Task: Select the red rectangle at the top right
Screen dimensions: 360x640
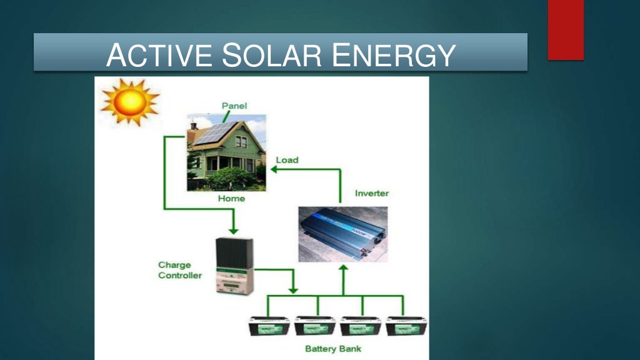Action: click(566, 29)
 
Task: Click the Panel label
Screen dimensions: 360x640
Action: click(234, 106)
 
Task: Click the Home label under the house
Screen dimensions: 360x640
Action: click(231, 199)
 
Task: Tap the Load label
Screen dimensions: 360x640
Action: click(287, 160)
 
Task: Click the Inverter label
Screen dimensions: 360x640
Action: click(371, 193)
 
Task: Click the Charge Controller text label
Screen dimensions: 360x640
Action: click(179, 270)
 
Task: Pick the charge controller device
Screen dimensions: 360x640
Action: click(234, 266)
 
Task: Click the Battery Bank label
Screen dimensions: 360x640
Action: click(333, 348)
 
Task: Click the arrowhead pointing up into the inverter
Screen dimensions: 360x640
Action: click(342, 268)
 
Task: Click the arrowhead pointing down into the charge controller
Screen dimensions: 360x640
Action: click(234, 231)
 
